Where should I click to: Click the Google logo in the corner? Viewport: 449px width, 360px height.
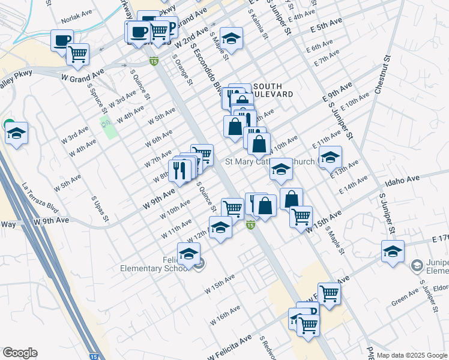click(x=20, y=353)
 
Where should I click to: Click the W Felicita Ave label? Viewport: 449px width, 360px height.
click(x=231, y=349)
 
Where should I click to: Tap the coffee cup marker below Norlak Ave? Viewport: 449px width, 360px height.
click(x=61, y=41)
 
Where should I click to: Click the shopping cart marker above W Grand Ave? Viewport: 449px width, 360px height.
click(x=77, y=55)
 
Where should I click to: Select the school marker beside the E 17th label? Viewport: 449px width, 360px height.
click(x=393, y=251)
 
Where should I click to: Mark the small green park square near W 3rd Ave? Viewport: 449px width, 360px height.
click(x=108, y=128)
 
